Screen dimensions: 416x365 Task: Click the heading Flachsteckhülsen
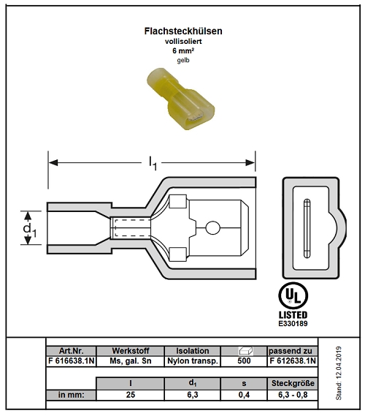[x=182, y=31]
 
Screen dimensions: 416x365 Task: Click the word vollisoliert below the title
[x=182, y=42]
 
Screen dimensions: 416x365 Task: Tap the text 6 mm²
[x=182, y=51]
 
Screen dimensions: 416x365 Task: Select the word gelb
[x=182, y=61]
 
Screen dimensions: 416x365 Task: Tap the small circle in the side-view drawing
[x=212, y=229]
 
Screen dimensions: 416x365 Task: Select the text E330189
[x=293, y=322]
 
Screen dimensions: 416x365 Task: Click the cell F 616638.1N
[x=71, y=361]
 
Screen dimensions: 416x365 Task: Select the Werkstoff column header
[x=129, y=351]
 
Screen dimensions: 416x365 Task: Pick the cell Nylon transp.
[x=193, y=361]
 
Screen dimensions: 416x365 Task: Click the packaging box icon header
[x=245, y=351]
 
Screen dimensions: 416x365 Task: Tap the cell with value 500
[x=245, y=361]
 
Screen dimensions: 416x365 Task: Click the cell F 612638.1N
[x=292, y=361]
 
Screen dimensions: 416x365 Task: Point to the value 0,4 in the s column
[x=245, y=395]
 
